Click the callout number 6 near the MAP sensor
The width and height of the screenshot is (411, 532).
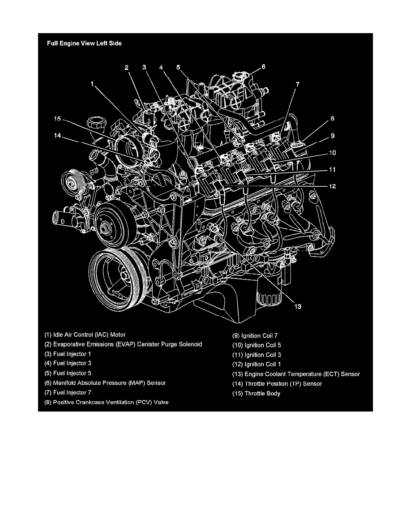263,67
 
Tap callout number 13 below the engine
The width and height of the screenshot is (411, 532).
297,307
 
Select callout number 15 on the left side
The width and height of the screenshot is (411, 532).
57,119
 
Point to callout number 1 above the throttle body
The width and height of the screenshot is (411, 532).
92,83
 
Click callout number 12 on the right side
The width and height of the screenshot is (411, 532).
332,186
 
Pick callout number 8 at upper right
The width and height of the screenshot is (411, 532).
333,119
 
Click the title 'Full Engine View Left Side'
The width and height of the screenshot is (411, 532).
84,44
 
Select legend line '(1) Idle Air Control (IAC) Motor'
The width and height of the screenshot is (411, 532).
85,335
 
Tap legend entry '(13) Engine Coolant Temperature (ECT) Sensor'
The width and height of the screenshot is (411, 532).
295,374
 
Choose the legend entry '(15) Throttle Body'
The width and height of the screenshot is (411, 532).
256,394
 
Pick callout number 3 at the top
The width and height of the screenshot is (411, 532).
144,68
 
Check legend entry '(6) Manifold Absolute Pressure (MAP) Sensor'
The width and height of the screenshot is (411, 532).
105,383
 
